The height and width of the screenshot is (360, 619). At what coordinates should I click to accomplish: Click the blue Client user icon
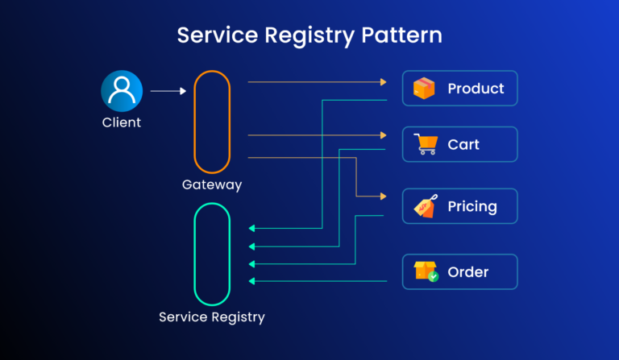click(121, 90)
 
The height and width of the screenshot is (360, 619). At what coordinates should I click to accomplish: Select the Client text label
click(121, 123)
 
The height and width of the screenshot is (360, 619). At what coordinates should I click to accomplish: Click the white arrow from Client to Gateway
click(168, 91)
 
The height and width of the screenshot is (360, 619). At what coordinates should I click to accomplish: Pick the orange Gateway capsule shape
click(212, 122)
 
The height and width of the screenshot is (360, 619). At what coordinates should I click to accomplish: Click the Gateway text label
click(212, 185)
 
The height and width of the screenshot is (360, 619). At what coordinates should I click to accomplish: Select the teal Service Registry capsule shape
click(212, 254)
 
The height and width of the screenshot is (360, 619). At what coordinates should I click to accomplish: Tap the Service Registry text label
click(212, 317)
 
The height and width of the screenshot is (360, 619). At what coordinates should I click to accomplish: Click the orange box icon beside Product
click(424, 89)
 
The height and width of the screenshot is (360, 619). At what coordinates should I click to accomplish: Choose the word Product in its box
click(476, 89)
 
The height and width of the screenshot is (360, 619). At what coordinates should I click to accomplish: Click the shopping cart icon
click(425, 144)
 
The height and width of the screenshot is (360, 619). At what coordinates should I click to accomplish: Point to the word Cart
click(463, 145)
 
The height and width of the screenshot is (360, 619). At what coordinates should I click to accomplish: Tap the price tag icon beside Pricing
click(425, 206)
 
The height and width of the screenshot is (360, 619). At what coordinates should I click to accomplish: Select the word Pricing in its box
click(472, 206)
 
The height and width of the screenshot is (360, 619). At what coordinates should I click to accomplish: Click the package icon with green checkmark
click(426, 271)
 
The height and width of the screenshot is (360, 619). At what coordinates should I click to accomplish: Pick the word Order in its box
click(467, 272)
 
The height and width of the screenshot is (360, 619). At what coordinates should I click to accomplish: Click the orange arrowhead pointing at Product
click(383, 82)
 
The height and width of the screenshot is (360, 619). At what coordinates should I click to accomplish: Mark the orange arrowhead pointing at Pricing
click(383, 197)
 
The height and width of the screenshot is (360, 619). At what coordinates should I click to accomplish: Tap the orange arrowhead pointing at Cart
click(383, 135)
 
